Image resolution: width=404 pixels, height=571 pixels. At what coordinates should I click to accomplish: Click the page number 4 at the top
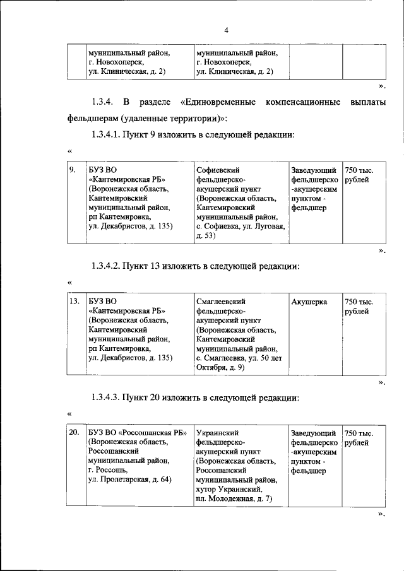pos(225,30)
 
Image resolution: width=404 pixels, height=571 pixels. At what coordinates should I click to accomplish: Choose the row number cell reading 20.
pos(74,433)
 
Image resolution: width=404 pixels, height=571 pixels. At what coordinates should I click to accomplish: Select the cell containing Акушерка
pos(309,302)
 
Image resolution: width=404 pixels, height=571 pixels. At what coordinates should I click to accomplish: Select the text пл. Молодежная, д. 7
pos(234,499)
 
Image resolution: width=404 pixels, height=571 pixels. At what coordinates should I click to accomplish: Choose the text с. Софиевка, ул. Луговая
pos(240,226)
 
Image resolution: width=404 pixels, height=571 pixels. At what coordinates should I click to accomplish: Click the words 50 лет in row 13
pos(269,358)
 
